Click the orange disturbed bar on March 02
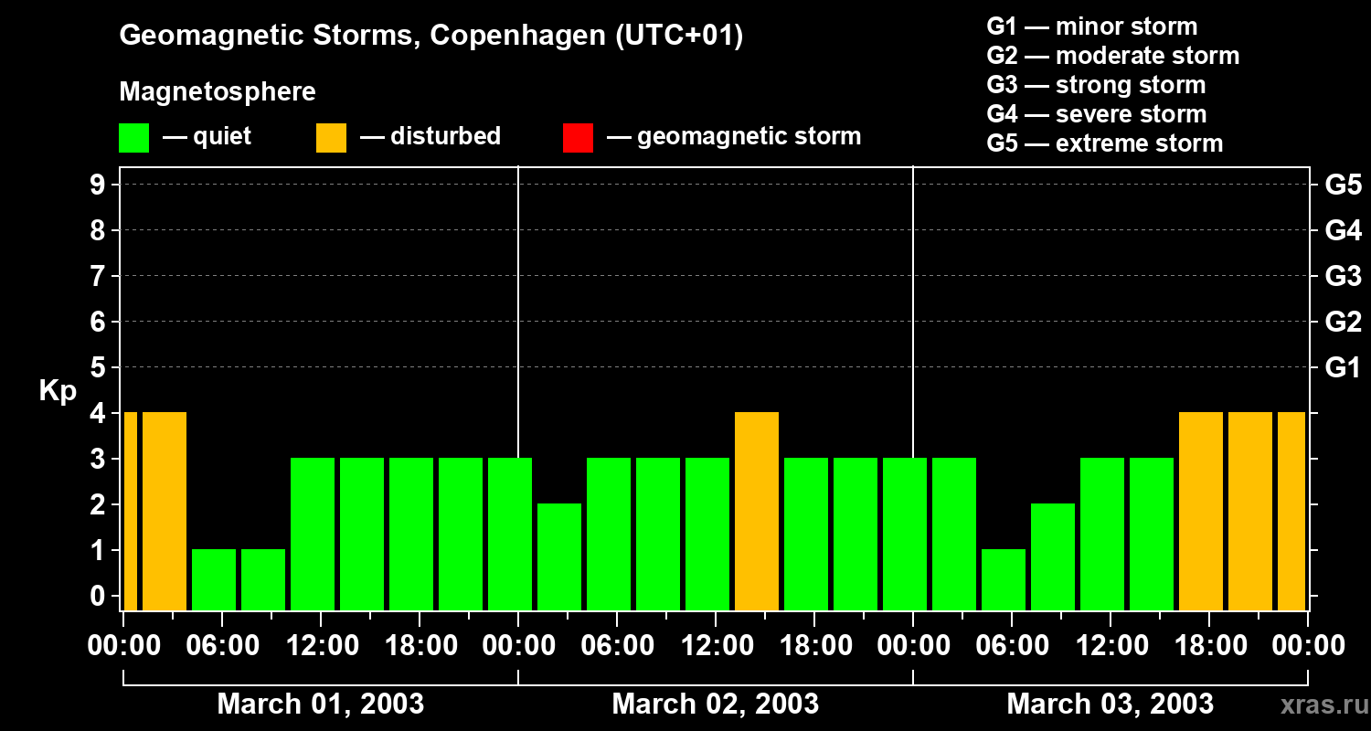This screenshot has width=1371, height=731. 757,510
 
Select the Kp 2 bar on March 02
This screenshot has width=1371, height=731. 559,556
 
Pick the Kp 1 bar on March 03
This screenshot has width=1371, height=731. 1004,578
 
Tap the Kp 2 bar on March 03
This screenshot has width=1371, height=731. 1053,556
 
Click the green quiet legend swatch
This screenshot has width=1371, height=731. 134,137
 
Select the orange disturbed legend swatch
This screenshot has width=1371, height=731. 331,137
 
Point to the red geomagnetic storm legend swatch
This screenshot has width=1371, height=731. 578,137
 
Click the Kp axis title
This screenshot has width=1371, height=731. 58,392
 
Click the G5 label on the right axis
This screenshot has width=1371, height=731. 1343,185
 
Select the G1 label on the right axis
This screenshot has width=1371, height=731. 1343,368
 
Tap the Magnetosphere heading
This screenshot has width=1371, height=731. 218,92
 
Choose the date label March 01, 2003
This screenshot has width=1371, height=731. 320,705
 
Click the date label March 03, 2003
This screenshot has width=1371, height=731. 1110,705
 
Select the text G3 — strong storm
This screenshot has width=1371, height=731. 1096,85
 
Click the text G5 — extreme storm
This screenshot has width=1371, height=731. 1104,143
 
